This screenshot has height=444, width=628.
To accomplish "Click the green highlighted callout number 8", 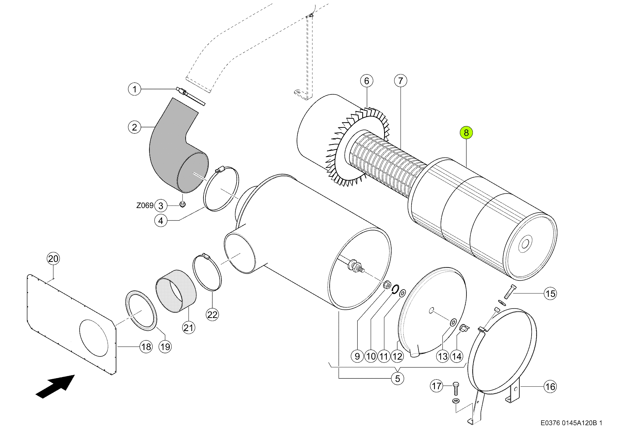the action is tap(466, 133).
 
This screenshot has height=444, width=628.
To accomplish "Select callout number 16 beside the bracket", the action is tap(550, 387).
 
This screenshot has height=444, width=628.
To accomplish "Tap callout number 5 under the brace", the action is tap(397, 379).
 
